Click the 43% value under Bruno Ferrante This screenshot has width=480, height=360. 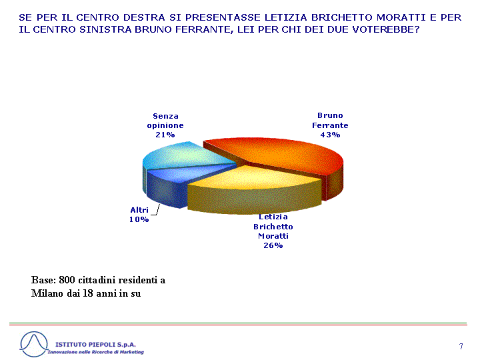[330, 135]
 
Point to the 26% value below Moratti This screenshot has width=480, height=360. [273, 245]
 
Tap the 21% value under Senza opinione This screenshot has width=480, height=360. [165, 135]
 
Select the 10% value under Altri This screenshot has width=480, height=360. [139, 219]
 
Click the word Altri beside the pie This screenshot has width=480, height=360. [139, 210]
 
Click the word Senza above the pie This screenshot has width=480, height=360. [165, 116]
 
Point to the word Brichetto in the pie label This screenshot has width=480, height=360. [273, 227]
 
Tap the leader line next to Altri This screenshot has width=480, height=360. [156, 211]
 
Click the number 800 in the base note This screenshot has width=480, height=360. [67, 280]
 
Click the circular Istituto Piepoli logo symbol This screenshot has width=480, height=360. [34, 344]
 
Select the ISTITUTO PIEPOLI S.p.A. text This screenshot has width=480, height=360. [95, 345]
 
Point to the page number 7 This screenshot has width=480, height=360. [461, 346]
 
